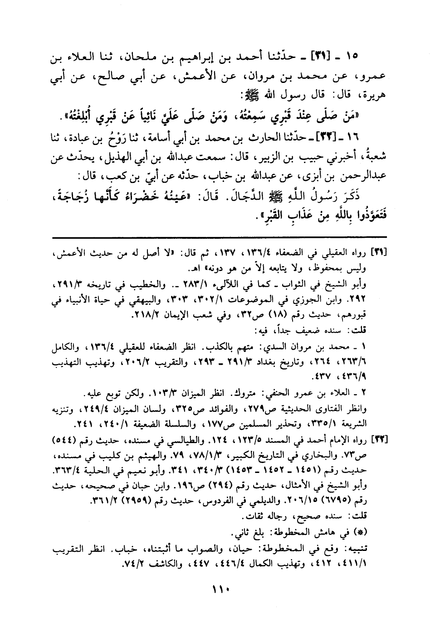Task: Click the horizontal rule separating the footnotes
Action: click(220, 236)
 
